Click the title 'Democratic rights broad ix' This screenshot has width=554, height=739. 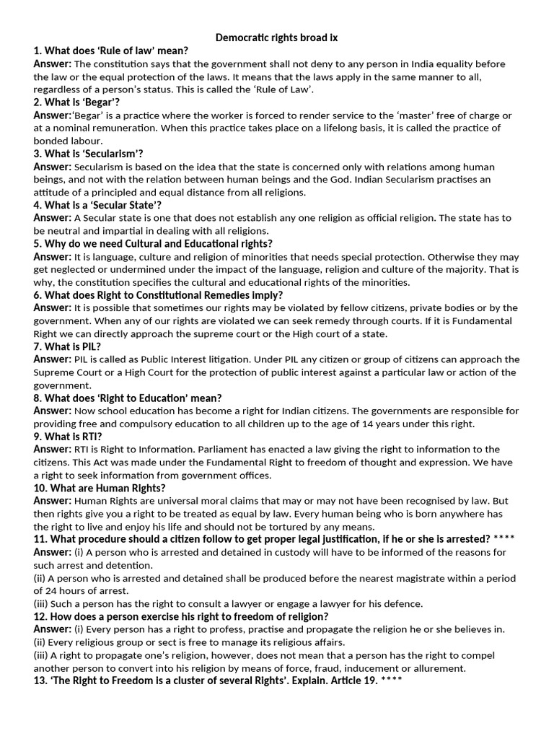click(x=277, y=38)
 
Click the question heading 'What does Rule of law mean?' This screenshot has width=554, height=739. click(x=110, y=51)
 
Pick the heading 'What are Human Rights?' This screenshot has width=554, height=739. click(x=100, y=489)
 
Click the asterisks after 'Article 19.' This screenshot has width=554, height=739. click(x=392, y=681)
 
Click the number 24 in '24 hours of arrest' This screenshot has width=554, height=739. click(x=54, y=591)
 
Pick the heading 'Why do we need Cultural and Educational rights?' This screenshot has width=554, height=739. click(x=153, y=243)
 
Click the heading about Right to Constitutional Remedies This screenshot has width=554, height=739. click(x=158, y=295)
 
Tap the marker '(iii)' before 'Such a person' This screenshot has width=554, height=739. click(x=41, y=604)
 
